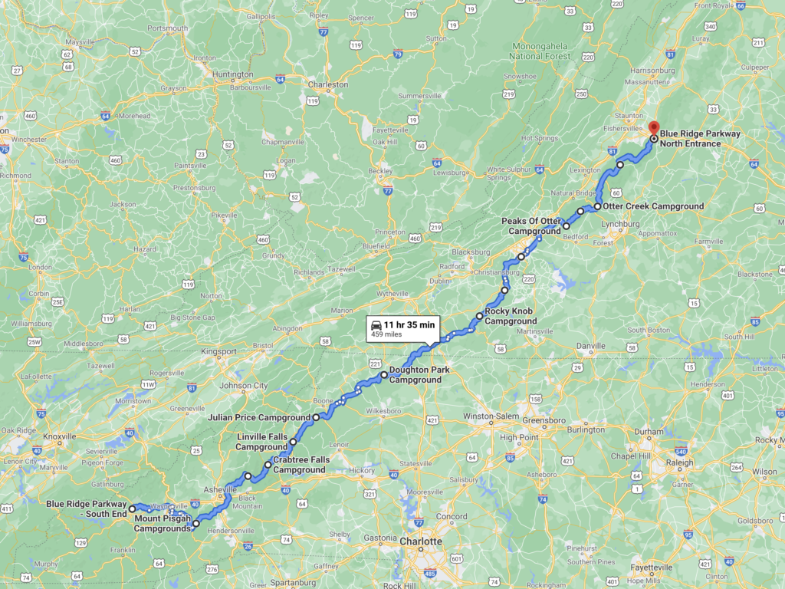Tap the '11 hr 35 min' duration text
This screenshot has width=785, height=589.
click(409, 324)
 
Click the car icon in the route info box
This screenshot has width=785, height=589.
click(376, 324)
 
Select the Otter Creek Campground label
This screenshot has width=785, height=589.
click(653, 206)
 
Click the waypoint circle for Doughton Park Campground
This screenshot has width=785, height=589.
click(384, 375)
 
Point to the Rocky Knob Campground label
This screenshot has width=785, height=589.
click(511, 316)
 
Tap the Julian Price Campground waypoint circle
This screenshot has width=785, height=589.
click(316, 417)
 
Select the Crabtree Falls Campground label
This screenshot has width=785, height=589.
click(301, 465)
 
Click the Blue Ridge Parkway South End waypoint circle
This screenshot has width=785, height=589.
click(132, 508)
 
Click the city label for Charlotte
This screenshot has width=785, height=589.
click(421, 541)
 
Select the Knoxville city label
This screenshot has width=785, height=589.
click(59, 436)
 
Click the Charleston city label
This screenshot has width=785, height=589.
click(328, 84)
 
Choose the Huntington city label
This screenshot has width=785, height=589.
click(233, 74)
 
